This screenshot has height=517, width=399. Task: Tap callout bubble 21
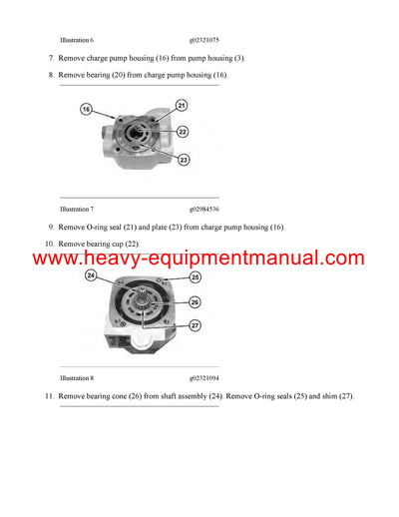(x=181, y=105)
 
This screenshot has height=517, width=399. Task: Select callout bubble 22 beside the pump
(x=182, y=131)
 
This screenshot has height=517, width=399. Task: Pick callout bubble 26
(x=195, y=301)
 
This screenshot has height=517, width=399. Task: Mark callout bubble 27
(x=195, y=325)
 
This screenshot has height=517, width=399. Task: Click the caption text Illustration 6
(x=77, y=40)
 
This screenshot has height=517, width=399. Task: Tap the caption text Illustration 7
(x=77, y=210)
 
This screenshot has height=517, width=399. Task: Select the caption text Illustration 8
(x=77, y=379)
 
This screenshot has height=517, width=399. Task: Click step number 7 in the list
(x=51, y=59)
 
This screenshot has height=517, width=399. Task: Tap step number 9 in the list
(x=51, y=228)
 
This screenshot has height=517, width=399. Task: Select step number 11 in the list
(x=48, y=397)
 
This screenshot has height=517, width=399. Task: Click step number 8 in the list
(x=51, y=75)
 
